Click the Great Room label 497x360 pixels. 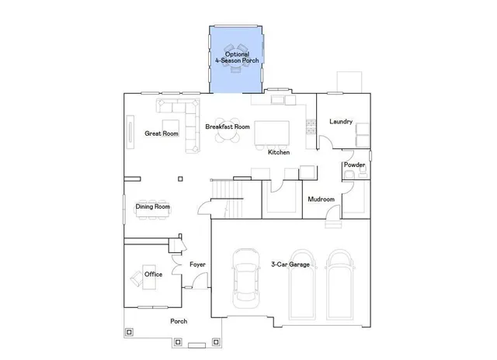point(161,133)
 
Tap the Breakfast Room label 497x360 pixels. point(227,126)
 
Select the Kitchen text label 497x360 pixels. point(279,152)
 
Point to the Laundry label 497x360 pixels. point(341,122)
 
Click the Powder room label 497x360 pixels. point(354,164)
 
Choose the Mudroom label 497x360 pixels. point(321,199)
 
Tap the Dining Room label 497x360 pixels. point(152,206)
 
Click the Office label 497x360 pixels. point(153,275)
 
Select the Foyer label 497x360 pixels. point(197,265)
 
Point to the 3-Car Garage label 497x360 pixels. point(290,265)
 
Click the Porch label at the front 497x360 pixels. point(179,320)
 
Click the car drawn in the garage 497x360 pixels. point(247,278)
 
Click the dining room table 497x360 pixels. point(152,215)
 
